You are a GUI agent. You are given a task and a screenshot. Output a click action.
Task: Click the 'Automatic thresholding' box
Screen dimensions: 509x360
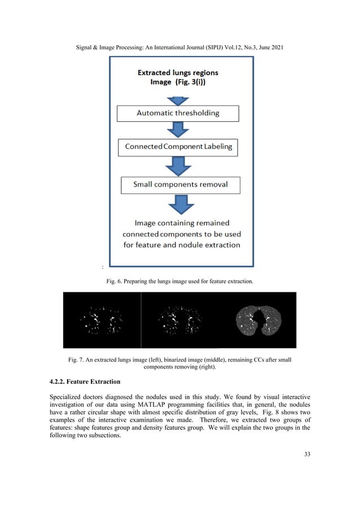[178, 113]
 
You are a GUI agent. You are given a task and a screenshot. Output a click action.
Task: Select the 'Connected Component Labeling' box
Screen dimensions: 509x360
[178, 148]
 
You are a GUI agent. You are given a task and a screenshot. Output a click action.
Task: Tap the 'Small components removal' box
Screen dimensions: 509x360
[181, 185]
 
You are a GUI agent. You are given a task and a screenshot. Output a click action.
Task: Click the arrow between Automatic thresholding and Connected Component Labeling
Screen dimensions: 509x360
[178, 130]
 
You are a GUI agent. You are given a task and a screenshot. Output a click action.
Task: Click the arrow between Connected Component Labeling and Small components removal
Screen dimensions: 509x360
[178, 166]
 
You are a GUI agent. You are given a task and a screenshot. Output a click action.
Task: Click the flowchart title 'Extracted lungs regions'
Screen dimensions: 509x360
[178, 73]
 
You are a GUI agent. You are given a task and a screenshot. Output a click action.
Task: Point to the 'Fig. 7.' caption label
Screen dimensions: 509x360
[77, 360]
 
